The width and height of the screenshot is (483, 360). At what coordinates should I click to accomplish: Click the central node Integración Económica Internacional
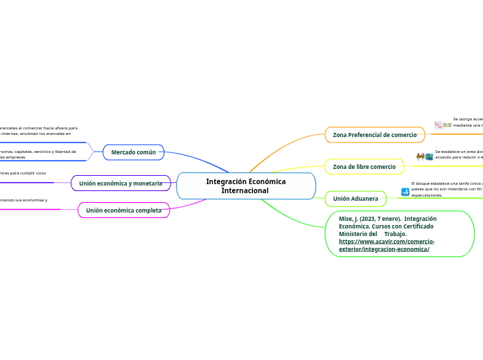click(245, 186)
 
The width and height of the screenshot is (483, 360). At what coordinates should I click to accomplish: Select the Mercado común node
click(133, 152)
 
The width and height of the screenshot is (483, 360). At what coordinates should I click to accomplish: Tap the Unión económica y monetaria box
click(121, 183)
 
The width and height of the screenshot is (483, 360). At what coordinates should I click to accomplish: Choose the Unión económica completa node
click(123, 210)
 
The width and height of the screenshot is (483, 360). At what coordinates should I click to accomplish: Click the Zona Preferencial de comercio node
click(374, 134)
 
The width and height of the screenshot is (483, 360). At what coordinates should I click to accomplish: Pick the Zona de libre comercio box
click(364, 167)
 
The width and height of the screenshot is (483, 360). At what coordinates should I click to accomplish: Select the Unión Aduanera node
click(355, 199)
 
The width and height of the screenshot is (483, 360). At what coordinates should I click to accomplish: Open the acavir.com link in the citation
click(387, 245)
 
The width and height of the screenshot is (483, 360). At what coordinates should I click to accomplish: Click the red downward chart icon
click(439, 125)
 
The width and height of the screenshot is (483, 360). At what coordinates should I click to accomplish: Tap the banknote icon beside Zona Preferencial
click(448, 125)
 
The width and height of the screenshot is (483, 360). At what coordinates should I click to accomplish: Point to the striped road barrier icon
click(420, 157)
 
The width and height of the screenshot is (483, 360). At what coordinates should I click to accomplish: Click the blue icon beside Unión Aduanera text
click(405, 192)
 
